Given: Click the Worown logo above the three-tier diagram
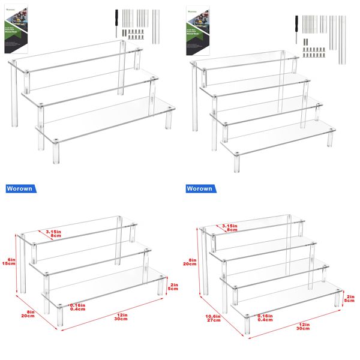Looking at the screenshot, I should coord(21,188).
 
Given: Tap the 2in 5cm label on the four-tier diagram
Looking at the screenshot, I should coord(350,298).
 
